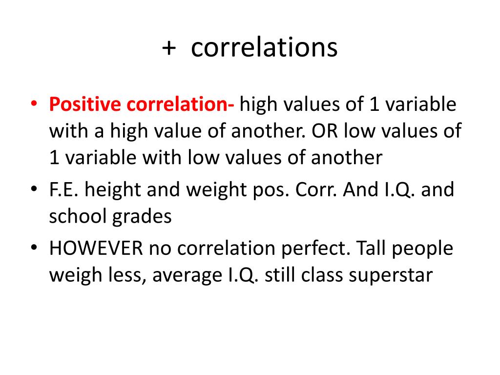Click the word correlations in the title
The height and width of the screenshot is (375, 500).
click(x=264, y=48)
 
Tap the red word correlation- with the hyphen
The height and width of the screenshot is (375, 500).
click(x=180, y=104)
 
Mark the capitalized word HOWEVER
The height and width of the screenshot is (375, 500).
click(x=96, y=249)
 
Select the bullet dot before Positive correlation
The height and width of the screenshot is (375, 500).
click(x=34, y=104)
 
